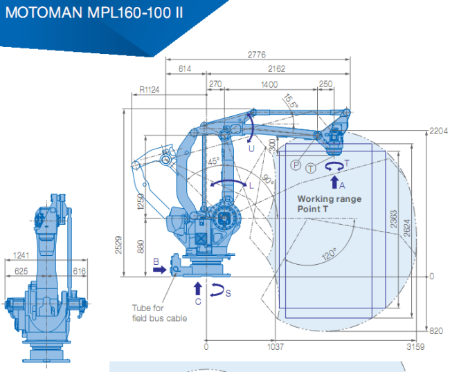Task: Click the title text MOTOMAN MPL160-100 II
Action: [x=94, y=12]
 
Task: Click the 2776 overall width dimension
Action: [x=257, y=55]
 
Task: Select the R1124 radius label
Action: [x=149, y=90]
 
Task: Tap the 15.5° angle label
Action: [x=291, y=101]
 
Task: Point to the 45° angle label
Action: [x=213, y=161]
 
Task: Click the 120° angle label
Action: [x=329, y=254]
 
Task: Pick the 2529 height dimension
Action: [x=118, y=245]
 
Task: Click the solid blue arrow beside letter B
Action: [x=159, y=270]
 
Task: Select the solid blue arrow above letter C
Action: [x=198, y=288]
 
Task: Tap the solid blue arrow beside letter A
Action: [x=334, y=182]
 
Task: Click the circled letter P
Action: [x=296, y=165]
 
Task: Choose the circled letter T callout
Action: [x=311, y=168]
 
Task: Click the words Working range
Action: [x=330, y=199]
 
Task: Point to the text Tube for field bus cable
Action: [x=159, y=313]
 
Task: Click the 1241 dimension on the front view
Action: [x=21, y=255]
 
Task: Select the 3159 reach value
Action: [x=415, y=347]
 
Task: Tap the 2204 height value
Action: [x=438, y=131]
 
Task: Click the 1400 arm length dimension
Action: [x=269, y=84]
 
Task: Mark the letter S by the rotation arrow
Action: [x=228, y=293]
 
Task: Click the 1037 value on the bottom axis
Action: [x=276, y=347]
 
